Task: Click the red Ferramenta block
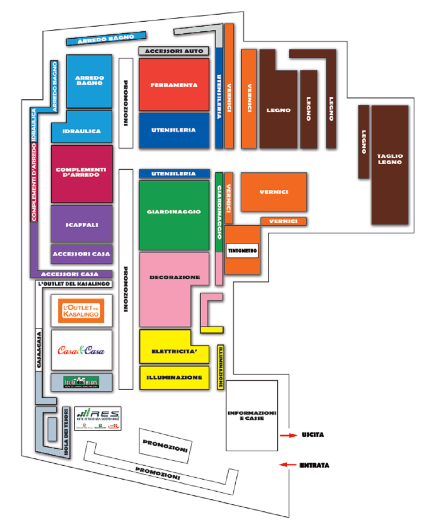click(x=174, y=85)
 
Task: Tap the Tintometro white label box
click(x=243, y=251)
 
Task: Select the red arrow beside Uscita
click(x=287, y=435)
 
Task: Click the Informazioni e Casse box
click(x=252, y=415)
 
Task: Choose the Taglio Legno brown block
click(x=390, y=165)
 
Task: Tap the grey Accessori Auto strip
click(x=174, y=51)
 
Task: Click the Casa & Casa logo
click(x=81, y=350)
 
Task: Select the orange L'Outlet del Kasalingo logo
click(x=81, y=310)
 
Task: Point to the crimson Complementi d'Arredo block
click(x=81, y=174)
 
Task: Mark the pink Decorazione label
click(x=174, y=277)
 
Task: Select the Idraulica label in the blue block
click(x=81, y=131)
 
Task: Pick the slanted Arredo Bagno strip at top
click(x=106, y=39)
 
